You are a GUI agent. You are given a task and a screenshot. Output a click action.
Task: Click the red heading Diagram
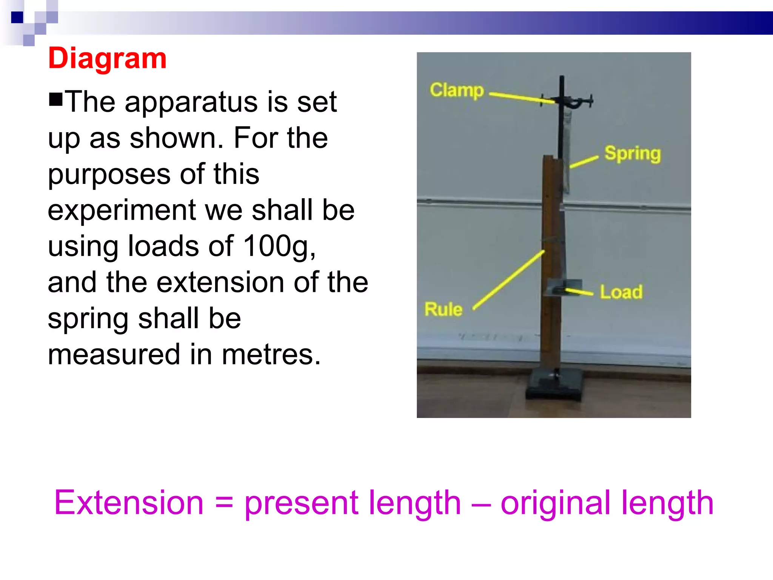click(x=107, y=59)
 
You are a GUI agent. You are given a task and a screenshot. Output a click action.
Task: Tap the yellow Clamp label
click(x=457, y=90)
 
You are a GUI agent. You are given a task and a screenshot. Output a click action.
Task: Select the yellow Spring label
click(x=633, y=154)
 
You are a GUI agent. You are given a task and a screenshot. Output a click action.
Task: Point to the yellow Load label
click(x=621, y=292)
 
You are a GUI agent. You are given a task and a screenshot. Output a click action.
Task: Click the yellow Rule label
click(x=443, y=309)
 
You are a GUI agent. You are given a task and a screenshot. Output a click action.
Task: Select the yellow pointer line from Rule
click(x=508, y=280)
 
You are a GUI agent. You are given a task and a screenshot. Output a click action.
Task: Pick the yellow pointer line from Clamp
click(x=521, y=97)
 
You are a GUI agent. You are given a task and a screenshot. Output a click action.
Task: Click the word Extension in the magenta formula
click(x=129, y=503)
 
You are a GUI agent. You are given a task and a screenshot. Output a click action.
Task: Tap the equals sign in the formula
click(x=224, y=503)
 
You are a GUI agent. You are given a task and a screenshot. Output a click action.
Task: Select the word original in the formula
click(x=555, y=503)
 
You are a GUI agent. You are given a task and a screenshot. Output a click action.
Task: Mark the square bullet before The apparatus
click(x=55, y=99)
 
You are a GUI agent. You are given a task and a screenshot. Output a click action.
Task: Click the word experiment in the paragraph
click(x=122, y=210)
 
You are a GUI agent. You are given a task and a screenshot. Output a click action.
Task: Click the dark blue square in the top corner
click(x=17, y=17)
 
